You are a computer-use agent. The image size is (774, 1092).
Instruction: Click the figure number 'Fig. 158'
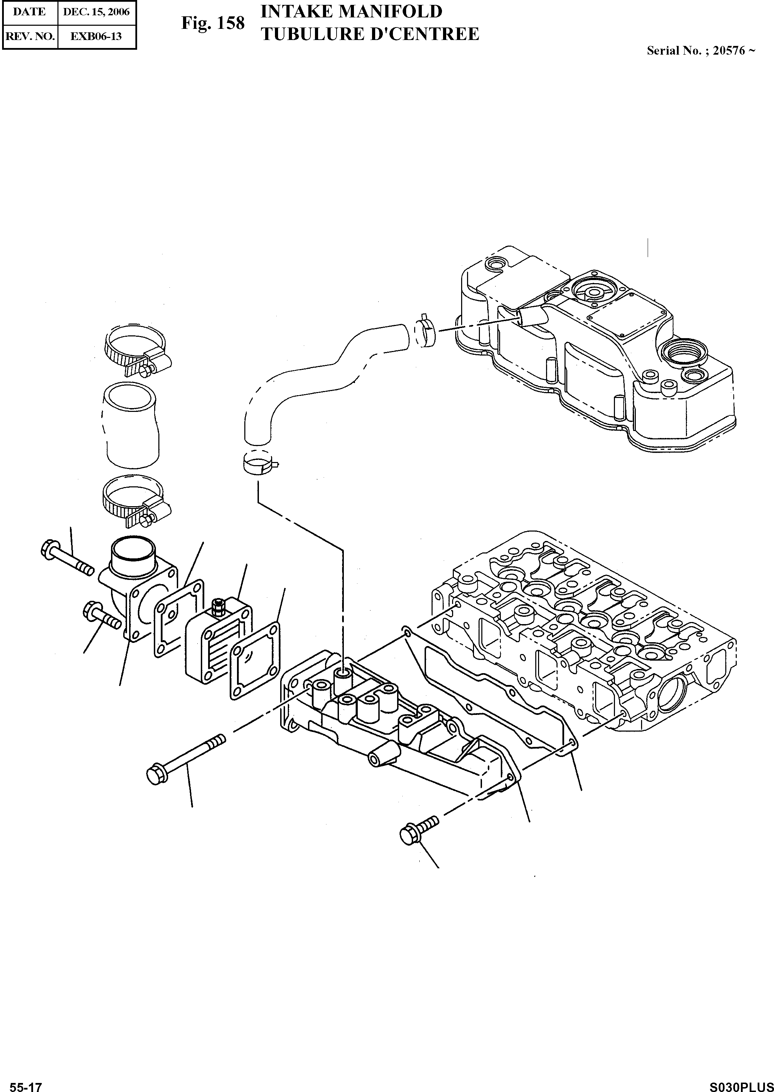[213, 23]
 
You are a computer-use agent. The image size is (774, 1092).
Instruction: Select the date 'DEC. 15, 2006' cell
[96, 11]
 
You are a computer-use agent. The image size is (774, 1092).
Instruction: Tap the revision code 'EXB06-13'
[96, 36]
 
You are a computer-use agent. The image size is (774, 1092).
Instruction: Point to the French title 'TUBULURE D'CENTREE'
[370, 34]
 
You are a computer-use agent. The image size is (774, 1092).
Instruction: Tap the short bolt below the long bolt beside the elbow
[101, 616]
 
